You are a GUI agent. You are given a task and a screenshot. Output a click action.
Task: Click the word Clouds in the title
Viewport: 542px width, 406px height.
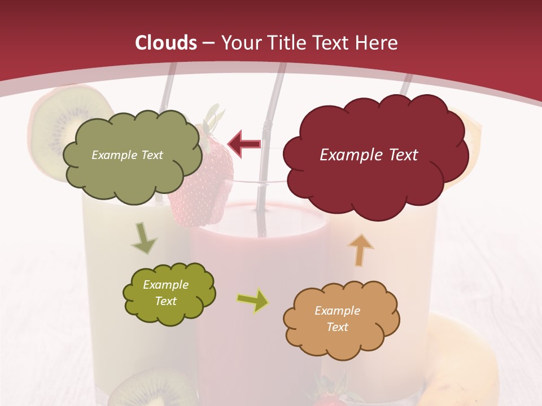pyautogui.click(x=166, y=43)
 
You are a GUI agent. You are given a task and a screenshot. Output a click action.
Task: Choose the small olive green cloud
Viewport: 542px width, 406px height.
pyautogui.click(x=168, y=294)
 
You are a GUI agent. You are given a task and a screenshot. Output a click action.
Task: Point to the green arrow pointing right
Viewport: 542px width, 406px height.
pyautogui.click(x=253, y=301)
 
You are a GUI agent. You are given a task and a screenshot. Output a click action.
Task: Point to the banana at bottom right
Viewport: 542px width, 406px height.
pyautogui.click(x=463, y=361)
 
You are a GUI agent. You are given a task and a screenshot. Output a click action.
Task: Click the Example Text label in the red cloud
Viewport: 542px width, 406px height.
pyautogui.click(x=369, y=155)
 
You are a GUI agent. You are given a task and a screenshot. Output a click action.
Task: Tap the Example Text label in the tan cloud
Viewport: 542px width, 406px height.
pyautogui.click(x=337, y=319)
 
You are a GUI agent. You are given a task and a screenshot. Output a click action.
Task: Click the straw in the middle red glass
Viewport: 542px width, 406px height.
pyautogui.click(x=265, y=169)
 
